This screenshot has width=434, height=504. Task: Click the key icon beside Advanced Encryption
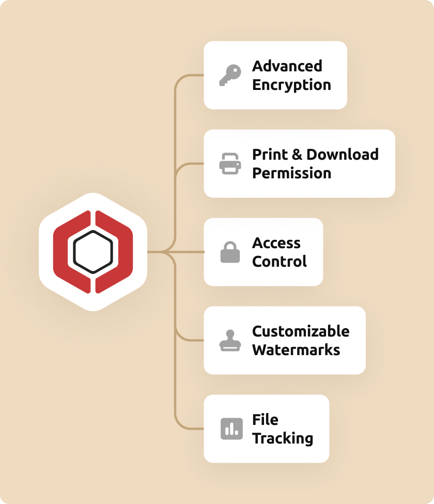229,75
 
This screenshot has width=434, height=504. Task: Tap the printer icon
230,164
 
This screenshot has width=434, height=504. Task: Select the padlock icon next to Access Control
230,252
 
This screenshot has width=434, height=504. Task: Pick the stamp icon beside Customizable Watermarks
230,341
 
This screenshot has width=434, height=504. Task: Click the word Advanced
287,66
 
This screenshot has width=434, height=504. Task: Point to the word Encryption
291,85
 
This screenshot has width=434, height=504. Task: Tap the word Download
343,155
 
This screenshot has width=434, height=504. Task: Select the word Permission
291,173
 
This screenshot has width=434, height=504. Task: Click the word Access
276,243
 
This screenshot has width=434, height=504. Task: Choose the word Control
279,262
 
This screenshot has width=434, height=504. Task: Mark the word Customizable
301,331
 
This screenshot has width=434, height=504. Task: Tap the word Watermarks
296,350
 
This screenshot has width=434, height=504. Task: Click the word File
265,420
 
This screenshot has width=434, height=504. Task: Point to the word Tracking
283,438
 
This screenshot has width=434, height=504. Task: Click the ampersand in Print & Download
296,155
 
